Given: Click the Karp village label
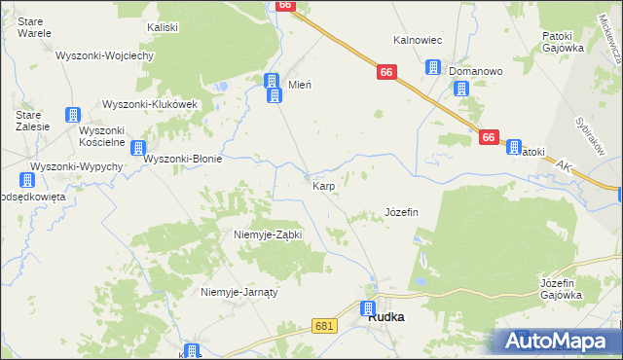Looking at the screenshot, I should point(324,184).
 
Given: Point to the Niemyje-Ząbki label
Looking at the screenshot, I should point(269,234).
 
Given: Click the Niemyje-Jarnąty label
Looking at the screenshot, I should point(239,292).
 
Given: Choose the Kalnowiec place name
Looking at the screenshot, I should point(418,40).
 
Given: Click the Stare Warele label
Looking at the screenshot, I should point(34,26).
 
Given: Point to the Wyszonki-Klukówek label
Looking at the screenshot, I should point(150,104).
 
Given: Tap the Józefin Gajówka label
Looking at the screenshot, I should point(561,289).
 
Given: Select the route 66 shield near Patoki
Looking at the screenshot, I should point(490,138).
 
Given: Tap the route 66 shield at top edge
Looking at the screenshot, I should point(284,5).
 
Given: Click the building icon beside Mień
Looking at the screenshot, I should point(273,86).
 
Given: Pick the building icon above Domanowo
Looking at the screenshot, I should point(432,67).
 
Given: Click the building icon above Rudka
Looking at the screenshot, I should point(369,309).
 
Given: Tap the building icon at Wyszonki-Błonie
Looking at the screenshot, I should point(139,149).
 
